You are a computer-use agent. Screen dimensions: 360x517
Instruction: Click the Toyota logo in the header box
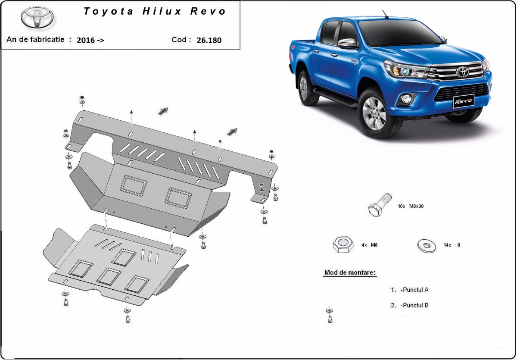[x=37, y=18]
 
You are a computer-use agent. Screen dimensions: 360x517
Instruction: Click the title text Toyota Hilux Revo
[x=155, y=12]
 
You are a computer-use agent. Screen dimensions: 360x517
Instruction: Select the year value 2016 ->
[x=90, y=41]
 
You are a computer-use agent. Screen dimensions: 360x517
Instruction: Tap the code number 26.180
[x=209, y=41]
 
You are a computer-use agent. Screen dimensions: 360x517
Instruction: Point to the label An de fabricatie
[x=35, y=39]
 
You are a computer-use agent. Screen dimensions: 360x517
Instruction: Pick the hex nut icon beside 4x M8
[x=343, y=245]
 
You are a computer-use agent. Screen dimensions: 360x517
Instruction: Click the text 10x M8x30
[x=411, y=207]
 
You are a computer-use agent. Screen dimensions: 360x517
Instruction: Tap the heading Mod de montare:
[x=349, y=273]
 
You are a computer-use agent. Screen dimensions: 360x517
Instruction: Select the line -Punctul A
[x=414, y=290]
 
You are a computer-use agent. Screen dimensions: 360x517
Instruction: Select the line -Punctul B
[x=414, y=305]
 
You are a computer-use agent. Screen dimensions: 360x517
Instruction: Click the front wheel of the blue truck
[x=375, y=113]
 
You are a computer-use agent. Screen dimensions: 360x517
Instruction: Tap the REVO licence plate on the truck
[x=463, y=101]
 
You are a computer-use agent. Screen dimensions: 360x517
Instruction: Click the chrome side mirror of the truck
[x=347, y=43]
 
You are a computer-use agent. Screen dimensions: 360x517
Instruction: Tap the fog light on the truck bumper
[x=406, y=99]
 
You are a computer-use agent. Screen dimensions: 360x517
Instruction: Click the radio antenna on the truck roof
[x=385, y=14]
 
